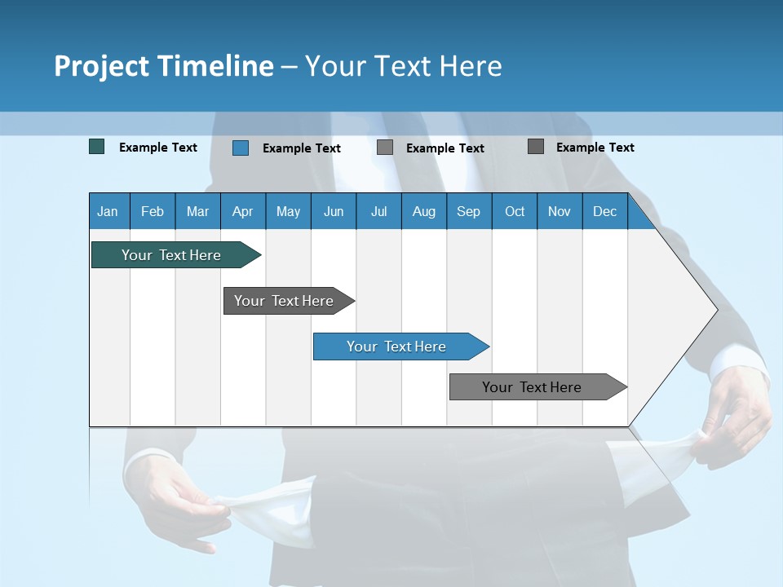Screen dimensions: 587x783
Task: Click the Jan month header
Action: click(108, 211)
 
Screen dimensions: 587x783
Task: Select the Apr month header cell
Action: click(243, 211)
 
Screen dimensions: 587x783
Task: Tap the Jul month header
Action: click(379, 211)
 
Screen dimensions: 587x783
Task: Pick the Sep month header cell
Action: click(469, 211)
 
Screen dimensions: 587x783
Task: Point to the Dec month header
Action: click(605, 211)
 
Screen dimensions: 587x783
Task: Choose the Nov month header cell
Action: click(560, 211)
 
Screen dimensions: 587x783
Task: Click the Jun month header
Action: click(334, 211)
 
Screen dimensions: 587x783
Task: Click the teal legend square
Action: click(97, 147)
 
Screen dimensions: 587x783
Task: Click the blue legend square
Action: click(241, 148)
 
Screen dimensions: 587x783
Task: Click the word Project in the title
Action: click(102, 66)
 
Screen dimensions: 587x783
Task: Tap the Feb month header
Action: click(153, 211)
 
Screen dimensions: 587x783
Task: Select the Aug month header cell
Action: click(424, 211)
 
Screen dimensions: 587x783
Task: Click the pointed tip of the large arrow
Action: click(714, 309)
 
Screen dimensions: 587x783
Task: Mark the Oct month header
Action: click(515, 211)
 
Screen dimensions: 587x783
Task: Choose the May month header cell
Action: click(288, 211)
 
